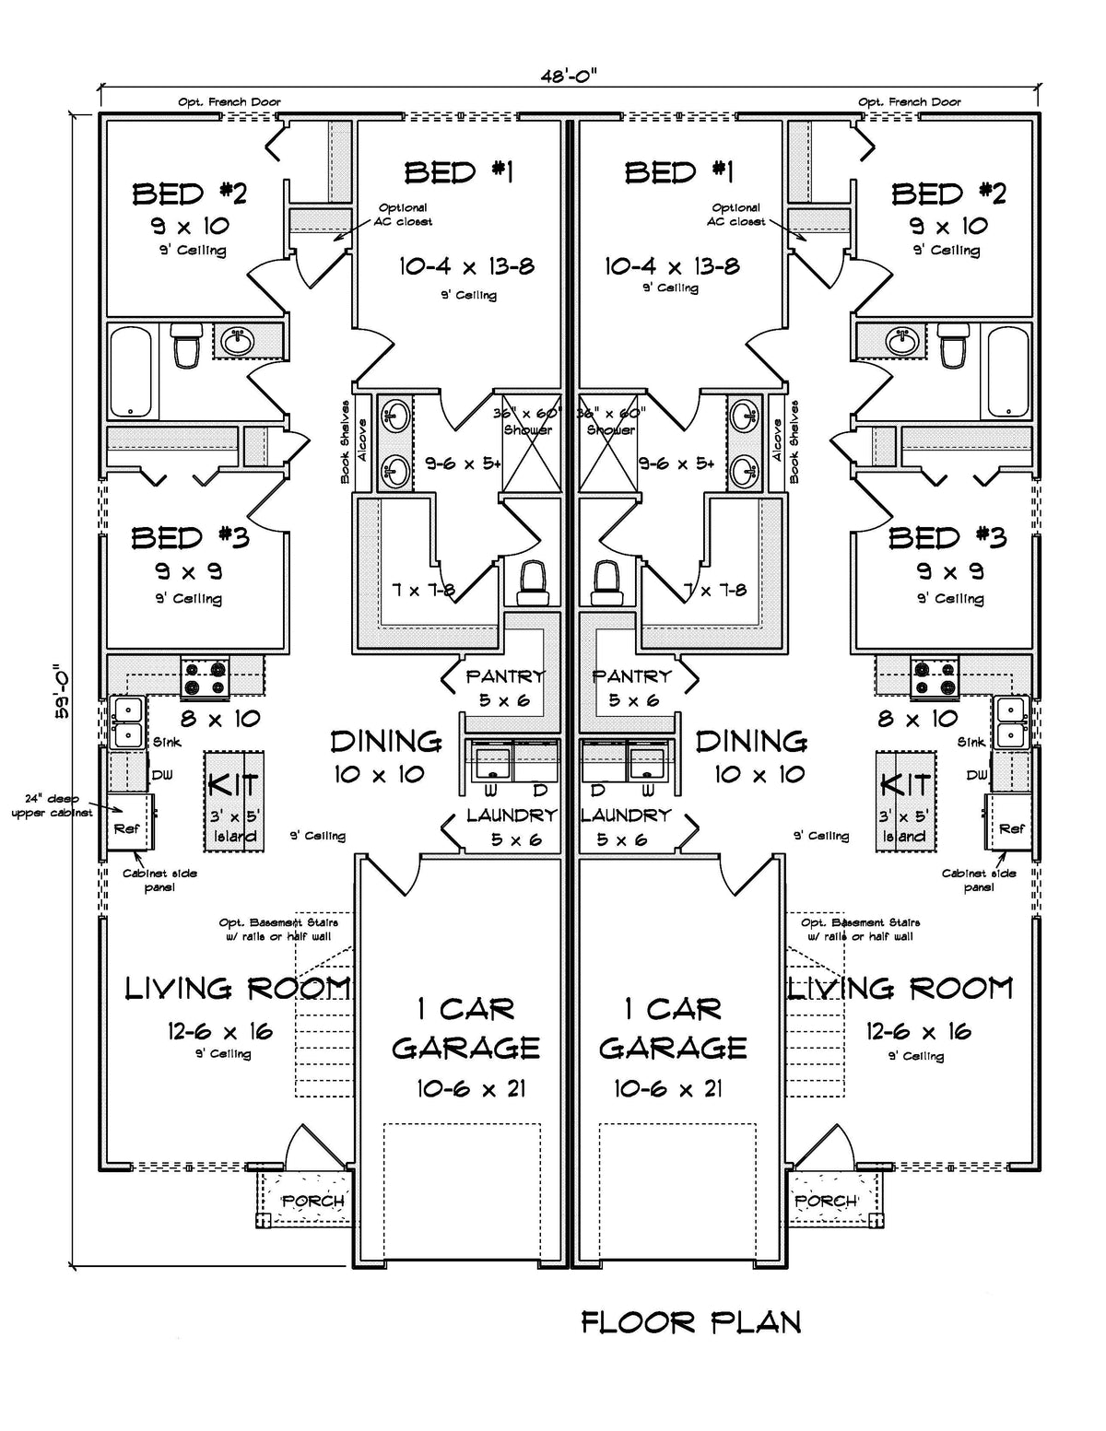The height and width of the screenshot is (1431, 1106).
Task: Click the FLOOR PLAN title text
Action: [x=690, y=1322]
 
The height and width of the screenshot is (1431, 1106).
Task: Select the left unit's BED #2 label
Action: [x=189, y=194]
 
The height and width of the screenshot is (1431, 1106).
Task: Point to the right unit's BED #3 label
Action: [x=947, y=537]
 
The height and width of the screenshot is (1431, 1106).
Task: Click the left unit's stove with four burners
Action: [x=205, y=678]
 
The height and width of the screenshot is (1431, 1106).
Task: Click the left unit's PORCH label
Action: [x=312, y=1202]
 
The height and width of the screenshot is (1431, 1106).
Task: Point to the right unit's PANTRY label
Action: [x=632, y=676]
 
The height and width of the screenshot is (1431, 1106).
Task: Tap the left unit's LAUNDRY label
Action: [x=511, y=815]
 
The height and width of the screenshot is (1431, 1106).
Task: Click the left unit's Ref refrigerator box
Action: [x=128, y=827]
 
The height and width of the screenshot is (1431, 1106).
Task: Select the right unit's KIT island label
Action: [x=905, y=786]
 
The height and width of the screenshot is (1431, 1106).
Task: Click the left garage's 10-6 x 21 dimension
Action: [x=470, y=1088]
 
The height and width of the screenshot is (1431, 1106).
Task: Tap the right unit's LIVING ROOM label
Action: [x=901, y=989]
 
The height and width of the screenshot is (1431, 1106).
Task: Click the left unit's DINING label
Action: [x=386, y=742]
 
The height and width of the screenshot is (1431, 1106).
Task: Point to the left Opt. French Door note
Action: [x=229, y=102]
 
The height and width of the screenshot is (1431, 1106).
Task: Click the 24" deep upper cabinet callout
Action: [x=53, y=806]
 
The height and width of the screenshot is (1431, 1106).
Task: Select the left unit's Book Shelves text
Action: [x=346, y=441]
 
